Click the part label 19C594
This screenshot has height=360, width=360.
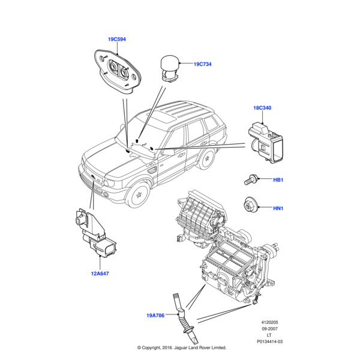click(116, 40)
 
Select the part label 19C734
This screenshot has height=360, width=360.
click(202, 64)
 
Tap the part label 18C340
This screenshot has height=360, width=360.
click(262, 108)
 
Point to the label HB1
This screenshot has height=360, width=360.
click(278, 180)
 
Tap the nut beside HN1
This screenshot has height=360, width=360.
click(250, 205)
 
